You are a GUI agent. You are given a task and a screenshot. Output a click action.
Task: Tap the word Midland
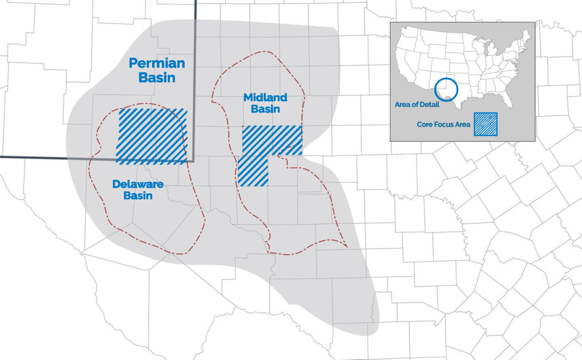(265, 97)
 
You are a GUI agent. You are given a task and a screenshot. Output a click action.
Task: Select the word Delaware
(138, 184)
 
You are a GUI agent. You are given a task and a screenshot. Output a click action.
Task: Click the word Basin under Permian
(157, 78)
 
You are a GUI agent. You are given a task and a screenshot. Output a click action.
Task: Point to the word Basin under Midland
(265, 109)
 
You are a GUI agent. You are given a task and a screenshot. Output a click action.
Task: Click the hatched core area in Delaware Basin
(152, 135)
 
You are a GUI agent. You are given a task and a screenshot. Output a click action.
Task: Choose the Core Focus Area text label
(444, 125)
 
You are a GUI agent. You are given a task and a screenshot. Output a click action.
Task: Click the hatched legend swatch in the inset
(487, 124)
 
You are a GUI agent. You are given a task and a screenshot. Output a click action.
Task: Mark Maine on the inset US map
(526, 38)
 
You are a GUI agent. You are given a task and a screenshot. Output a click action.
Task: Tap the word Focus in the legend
(446, 125)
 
